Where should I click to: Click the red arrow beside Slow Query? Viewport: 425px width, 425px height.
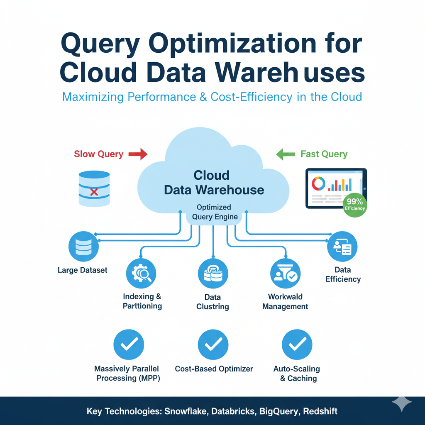138,154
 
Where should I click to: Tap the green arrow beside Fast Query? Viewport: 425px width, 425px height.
286,154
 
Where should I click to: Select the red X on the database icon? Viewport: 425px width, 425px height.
94,192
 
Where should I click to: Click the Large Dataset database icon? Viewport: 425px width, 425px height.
83,247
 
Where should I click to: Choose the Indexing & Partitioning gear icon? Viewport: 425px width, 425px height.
141,273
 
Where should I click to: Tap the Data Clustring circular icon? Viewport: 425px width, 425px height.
213,274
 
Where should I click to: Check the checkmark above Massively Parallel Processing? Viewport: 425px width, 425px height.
129,344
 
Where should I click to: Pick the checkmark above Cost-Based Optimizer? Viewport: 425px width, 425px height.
213,344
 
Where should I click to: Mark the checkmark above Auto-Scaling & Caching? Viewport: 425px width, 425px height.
297,344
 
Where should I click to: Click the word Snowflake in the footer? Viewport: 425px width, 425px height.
186,412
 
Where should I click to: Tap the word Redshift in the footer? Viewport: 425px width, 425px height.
320,412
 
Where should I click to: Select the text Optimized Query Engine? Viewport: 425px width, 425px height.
214,212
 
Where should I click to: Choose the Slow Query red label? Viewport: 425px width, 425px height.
98,154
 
